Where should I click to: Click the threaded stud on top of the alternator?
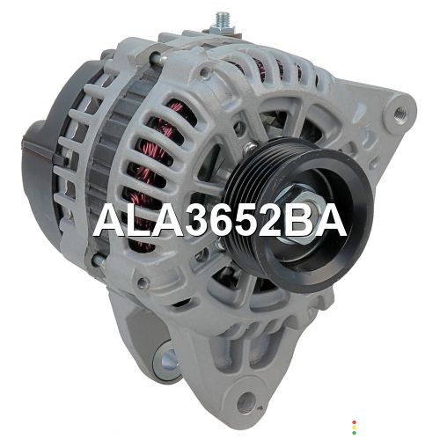click(222, 19)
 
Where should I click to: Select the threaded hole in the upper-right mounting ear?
click(400, 112)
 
